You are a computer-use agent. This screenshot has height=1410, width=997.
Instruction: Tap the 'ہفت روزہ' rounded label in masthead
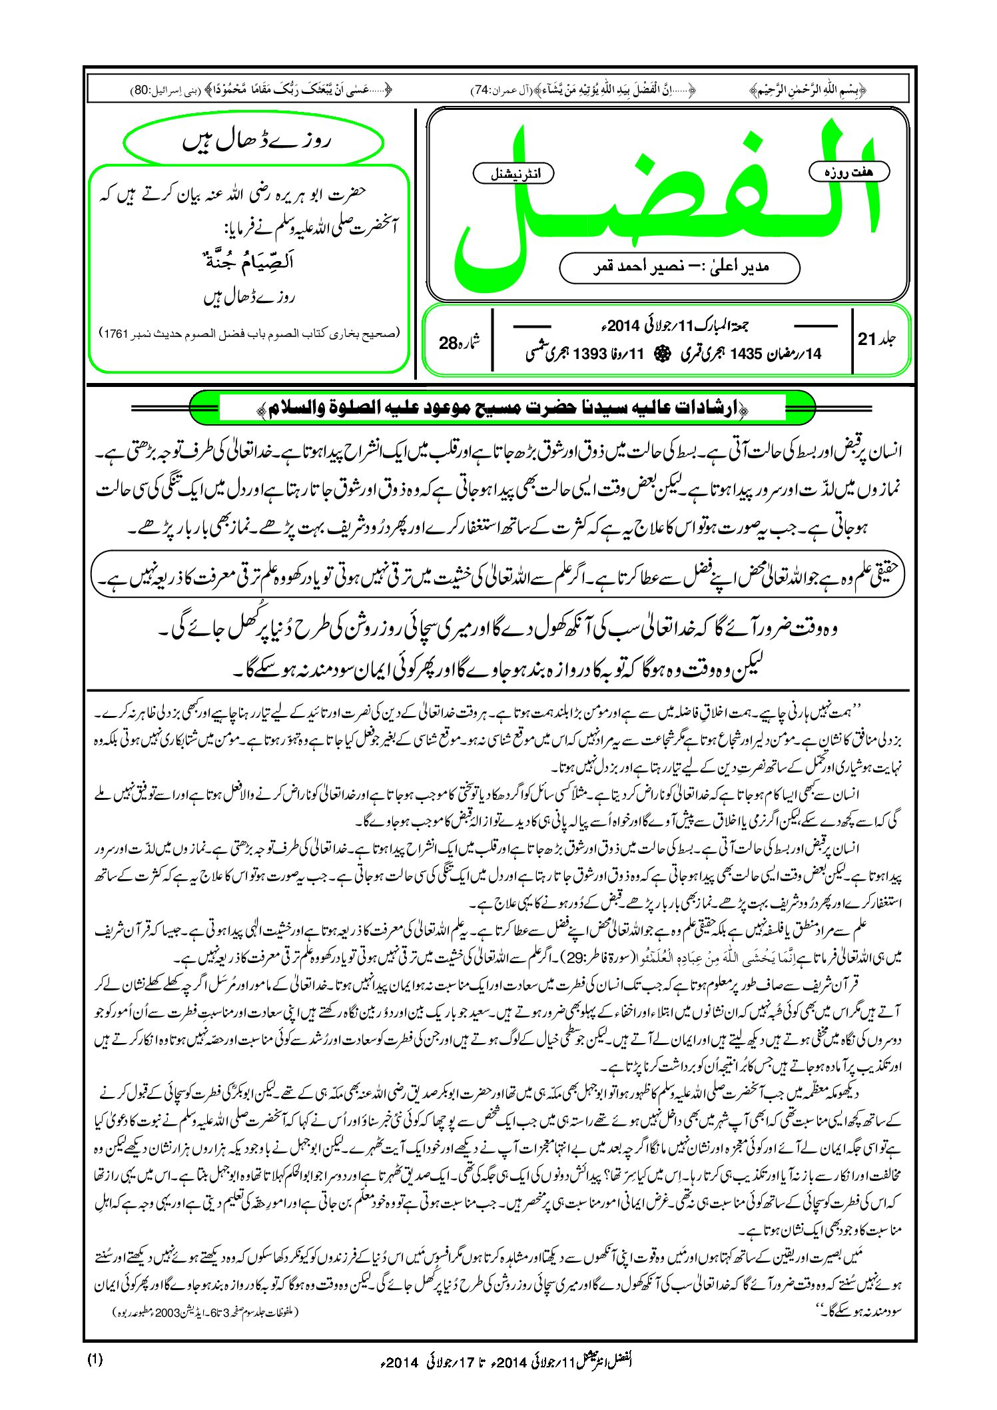click(848, 172)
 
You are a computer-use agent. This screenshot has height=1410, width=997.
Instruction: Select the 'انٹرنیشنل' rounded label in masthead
click(513, 175)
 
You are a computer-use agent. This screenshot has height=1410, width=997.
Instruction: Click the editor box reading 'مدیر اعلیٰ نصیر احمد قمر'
click(679, 267)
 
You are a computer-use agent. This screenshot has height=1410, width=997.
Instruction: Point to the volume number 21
click(866, 339)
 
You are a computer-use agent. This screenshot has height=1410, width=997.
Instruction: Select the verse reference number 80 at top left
click(143, 90)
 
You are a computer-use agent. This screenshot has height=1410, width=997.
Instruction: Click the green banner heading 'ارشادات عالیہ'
click(502, 408)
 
